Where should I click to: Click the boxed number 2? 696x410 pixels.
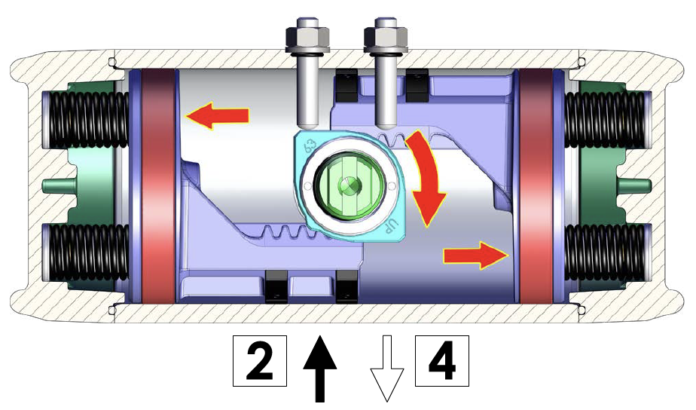point(260,361)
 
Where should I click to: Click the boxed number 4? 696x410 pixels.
point(441,361)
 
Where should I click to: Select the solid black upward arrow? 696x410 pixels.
point(319,369)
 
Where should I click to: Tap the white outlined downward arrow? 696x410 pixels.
point(387,369)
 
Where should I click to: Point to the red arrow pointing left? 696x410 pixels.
point(217,115)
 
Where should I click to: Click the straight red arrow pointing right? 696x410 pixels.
point(476,255)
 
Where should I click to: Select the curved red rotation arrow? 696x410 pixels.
point(426,179)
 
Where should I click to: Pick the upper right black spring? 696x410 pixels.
point(605,120)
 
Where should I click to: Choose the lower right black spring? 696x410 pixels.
point(605,252)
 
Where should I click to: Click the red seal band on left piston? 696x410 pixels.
point(158,187)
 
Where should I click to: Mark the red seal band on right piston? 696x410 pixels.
point(536,187)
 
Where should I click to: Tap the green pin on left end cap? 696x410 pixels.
point(58,185)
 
